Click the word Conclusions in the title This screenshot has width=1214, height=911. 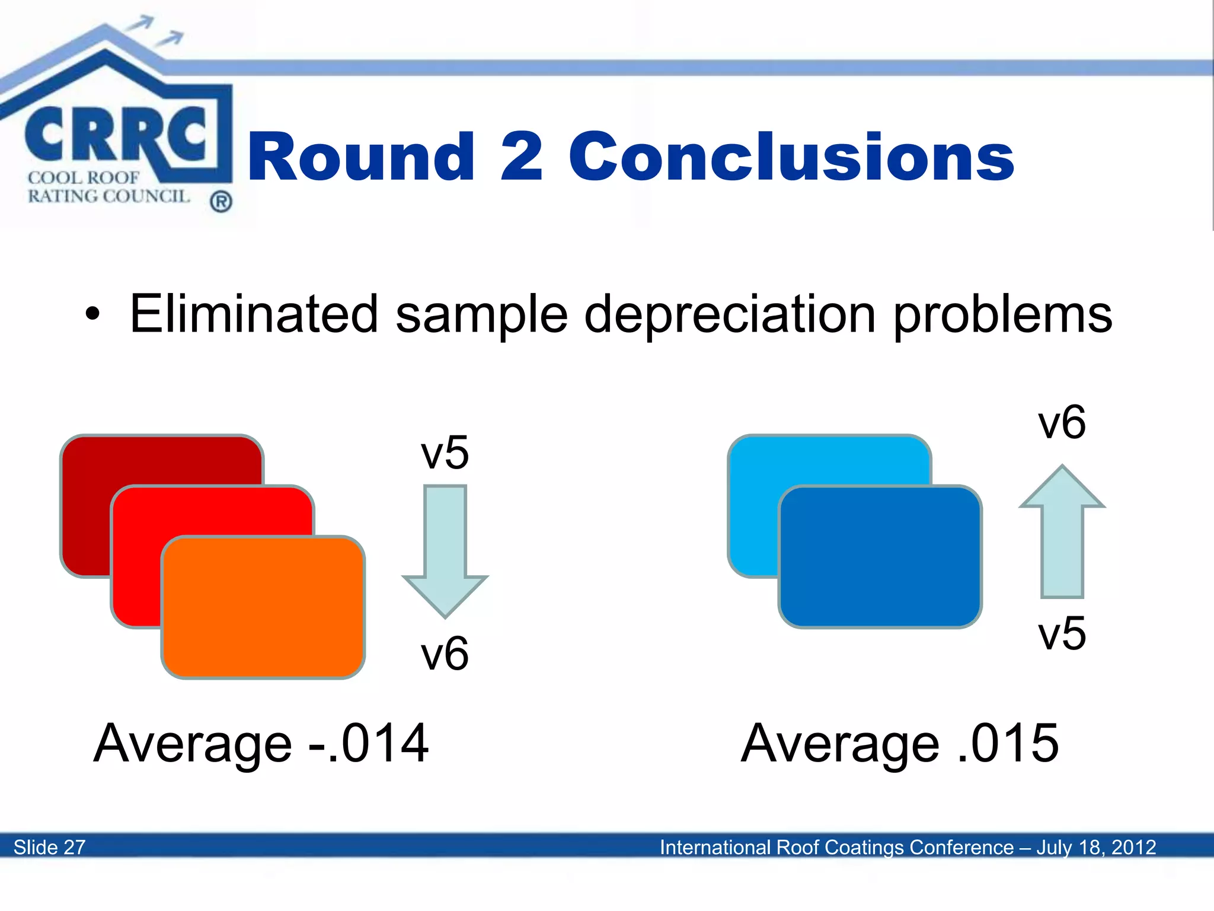(791, 157)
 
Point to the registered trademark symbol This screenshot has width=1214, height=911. (221, 202)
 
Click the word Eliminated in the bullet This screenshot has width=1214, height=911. (254, 314)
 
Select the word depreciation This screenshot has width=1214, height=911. (730, 314)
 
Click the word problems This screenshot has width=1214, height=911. (1002, 314)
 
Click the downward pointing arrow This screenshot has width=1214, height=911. (445, 552)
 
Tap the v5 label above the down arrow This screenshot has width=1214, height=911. (445, 453)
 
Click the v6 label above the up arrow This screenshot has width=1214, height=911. (1062, 422)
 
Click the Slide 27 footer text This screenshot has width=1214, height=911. (50, 847)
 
